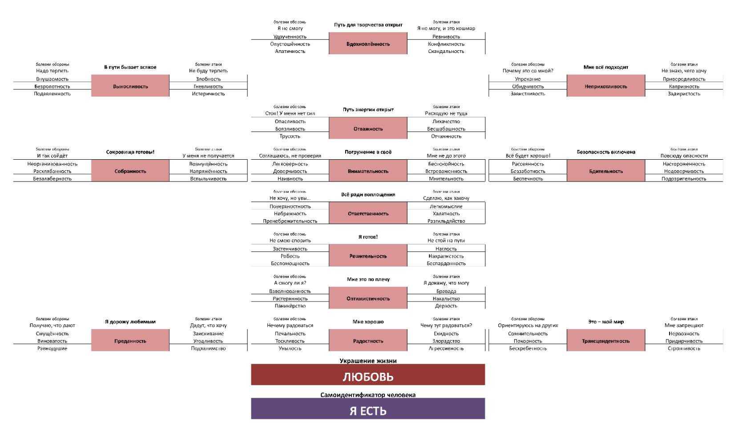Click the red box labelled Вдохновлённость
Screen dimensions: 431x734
[368, 44]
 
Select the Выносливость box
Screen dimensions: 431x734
[130, 86]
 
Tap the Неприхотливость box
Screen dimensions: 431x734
[605, 86]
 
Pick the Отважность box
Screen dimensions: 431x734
[368, 129]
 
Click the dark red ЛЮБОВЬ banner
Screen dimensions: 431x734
[368, 376]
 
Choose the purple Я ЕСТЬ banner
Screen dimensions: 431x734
[368, 411]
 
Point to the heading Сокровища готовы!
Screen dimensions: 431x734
[130, 152]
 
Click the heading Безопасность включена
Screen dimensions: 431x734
[605, 152]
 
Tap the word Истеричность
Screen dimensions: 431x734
[208, 94]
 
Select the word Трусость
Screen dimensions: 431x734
[290, 137]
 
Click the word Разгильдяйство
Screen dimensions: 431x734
[446, 221]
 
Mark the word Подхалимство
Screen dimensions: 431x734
[208, 349]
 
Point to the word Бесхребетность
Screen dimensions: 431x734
[528, 349]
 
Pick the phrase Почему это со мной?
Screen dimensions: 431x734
[528, 71]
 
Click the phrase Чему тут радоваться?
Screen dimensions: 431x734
[446, 326]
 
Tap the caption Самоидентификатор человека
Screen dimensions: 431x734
[368, 395]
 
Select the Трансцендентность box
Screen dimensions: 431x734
[605, 341]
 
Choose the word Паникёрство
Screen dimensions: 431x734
[290, 306]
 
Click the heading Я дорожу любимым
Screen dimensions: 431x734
[130, 322]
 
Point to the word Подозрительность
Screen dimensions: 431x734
[684, 179]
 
